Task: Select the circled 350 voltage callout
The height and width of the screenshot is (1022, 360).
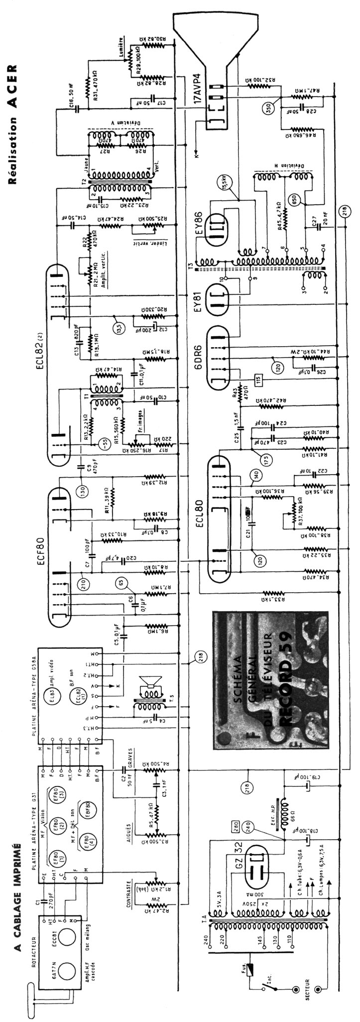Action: click(x=270, y=111)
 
